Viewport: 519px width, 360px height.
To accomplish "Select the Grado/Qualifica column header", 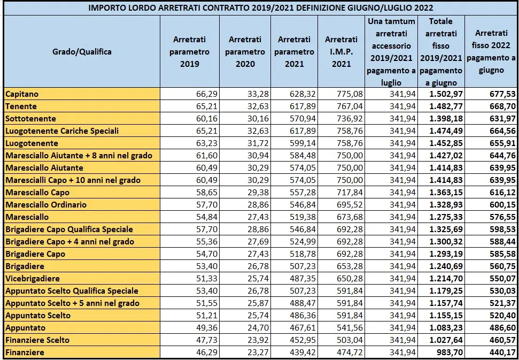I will click(x=82, y=52).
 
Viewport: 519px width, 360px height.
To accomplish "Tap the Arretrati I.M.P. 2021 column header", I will click(x=341, y=52).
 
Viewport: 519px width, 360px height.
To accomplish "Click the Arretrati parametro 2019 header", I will click(x=189, y=52).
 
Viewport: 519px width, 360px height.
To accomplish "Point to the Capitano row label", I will click(x=22, y=94).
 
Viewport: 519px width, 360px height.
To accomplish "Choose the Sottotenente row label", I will click(x=30, y=119).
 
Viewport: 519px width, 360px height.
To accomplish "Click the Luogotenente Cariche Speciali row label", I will click(x=62, y=131).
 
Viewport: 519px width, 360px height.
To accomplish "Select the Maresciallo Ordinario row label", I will click(x=46, y=205).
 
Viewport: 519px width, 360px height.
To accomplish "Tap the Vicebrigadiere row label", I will click(x=33, y=279).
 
